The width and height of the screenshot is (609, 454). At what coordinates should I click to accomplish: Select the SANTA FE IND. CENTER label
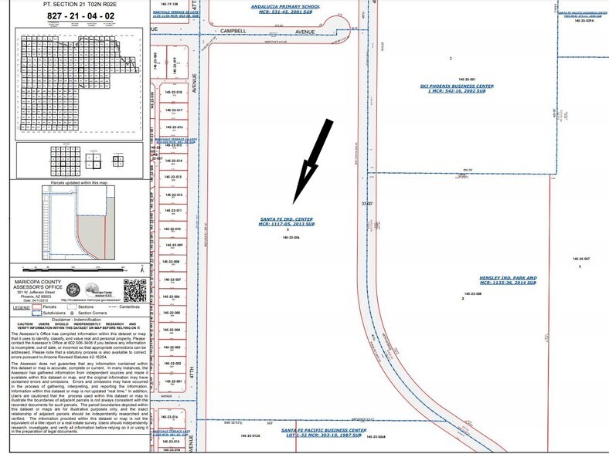(287, 219)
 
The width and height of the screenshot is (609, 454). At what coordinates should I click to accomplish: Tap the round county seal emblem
(74, 290)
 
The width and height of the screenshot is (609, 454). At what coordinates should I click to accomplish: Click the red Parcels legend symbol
(37, 307)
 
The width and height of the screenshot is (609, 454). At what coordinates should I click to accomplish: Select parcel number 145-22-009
(173, 245)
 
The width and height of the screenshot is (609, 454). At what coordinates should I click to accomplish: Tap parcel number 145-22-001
(173, 381)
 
